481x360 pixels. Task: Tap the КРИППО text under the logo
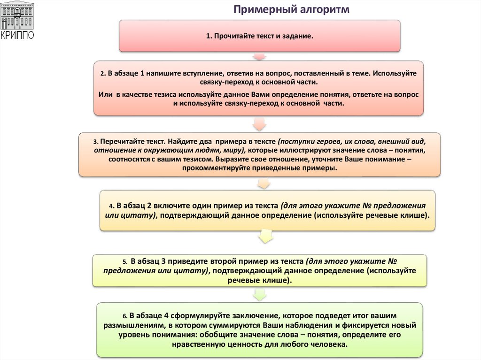[x=17, y=35]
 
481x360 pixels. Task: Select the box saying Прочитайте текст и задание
[x=259, y=36]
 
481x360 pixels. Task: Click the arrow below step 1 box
[x=259, y=56]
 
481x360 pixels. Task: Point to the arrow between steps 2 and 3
[x=259, y=124]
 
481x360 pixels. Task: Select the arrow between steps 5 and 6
[x=259, y=295]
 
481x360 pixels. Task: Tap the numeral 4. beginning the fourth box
[x=112, y=206]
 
